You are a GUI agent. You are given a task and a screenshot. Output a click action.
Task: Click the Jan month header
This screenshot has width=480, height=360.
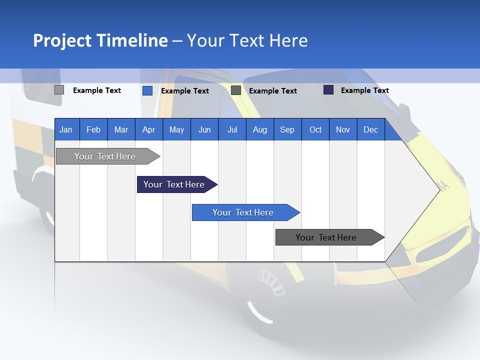click(x=66, y=129)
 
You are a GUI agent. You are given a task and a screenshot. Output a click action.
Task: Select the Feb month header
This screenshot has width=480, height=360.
click(x=93, y=129)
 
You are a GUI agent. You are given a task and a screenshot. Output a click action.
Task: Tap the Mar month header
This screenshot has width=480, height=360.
click(x=121, y=129)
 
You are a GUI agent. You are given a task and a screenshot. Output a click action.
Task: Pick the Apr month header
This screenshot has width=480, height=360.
click(x=148, y=129)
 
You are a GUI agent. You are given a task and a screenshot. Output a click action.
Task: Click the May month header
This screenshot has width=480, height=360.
click(x=176, y=129)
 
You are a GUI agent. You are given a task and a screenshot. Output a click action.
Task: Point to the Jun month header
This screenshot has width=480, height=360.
click(x=204, y=129)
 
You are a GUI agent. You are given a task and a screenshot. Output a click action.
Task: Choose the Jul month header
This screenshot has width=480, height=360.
click(x=232, y=129)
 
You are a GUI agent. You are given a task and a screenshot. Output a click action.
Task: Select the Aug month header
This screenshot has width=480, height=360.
click(x=259, y=129)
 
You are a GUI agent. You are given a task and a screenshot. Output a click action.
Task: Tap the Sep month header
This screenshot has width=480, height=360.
click(x=287, y=129)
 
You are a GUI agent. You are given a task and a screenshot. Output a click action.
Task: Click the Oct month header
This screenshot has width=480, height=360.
click(x=315, y=129)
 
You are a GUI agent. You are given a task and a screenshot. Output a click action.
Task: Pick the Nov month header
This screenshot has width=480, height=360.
click(x=343, y=129)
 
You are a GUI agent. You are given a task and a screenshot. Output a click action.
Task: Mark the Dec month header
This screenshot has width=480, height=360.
click(x=370, y=129)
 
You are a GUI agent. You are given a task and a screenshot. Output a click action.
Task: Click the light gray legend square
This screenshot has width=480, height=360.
click(x=59, y=90)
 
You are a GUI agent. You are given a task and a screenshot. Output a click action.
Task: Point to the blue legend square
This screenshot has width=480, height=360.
click(x=147, y=90)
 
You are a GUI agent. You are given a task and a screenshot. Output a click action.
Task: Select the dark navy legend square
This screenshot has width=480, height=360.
click(x=328, y=90)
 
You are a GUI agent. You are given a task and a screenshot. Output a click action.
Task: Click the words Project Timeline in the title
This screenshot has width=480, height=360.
click(x=100, y=40)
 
